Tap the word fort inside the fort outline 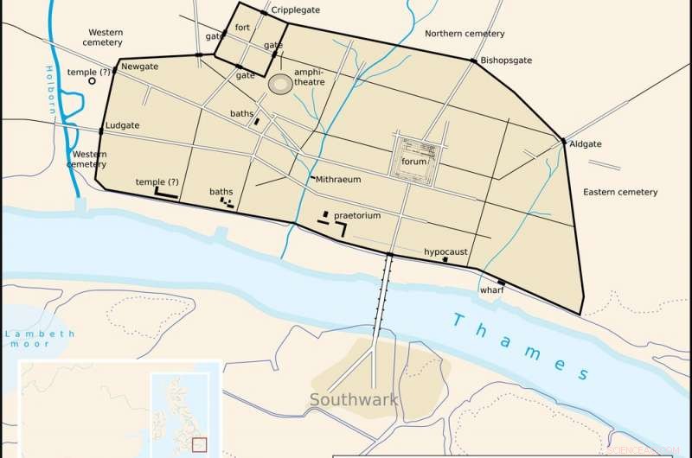(x=242, y=28)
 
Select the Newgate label (x=140, y=67)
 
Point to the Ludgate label (x=122, y=125)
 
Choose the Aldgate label (x=586, y=145)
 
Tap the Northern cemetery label (x=465, y=34)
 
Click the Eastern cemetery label (x=620, y=191)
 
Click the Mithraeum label (x=338, y=179)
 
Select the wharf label (x=491, y=290)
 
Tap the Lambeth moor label (x=38, y=339)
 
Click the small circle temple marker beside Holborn (x=92, y=81)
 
